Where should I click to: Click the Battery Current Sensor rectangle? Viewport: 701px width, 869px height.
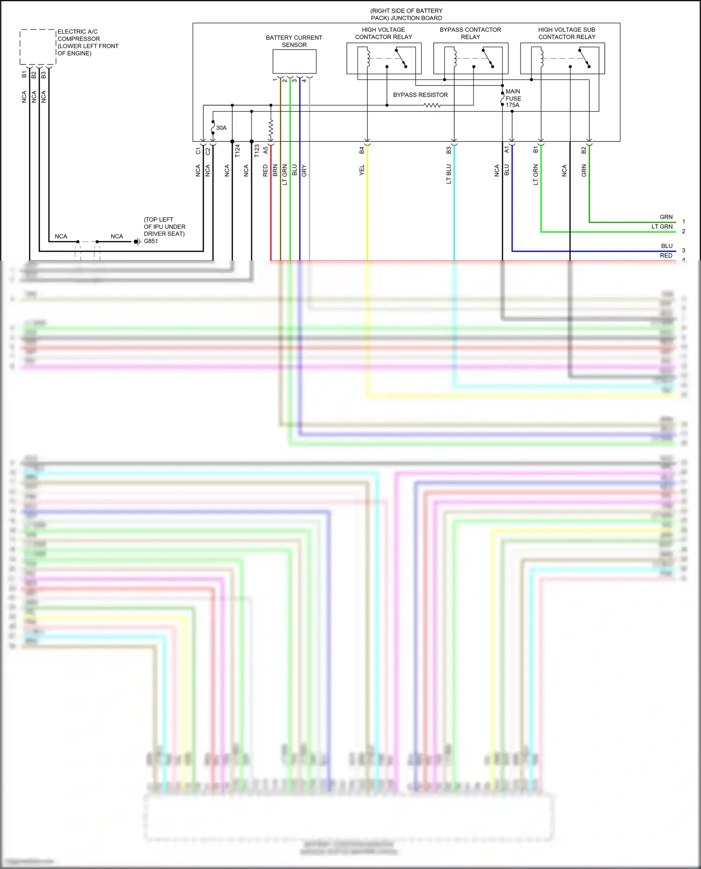294,62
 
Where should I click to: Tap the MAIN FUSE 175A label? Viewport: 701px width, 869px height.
513,98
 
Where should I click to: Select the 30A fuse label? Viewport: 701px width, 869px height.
221,128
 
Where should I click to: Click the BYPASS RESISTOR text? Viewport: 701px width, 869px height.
420,95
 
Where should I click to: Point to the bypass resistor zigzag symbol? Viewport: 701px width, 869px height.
432,106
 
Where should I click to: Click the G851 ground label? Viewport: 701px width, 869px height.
150,241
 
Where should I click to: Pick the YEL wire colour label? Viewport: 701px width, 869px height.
362,170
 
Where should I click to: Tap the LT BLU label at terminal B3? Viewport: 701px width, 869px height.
449,174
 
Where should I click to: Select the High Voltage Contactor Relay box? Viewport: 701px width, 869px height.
384,58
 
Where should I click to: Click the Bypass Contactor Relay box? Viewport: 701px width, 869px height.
471,58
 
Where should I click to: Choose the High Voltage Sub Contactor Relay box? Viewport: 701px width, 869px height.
562,58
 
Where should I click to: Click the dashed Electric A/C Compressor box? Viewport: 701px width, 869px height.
38,47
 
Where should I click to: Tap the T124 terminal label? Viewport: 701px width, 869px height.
237,151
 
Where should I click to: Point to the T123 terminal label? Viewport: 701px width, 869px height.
257,151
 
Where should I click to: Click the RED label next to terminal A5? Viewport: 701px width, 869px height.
265,170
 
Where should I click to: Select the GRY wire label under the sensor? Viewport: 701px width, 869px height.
304,170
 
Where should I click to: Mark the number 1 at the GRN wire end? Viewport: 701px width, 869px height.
683,222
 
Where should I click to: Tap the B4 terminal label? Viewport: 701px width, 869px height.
362,150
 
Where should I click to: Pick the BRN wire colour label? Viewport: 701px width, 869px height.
275,170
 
